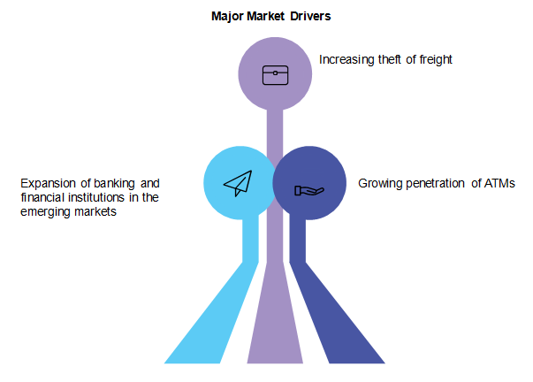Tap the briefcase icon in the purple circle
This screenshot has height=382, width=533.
[x=275, y=74]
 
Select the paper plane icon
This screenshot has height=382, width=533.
[x=238, y=183]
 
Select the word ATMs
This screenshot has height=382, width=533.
[x=499, y=183]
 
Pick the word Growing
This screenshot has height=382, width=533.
[x=379, y=183]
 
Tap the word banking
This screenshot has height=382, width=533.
[x=114, y=183]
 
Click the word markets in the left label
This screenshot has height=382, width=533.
[x=95, y=213]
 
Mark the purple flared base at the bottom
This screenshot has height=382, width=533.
[x=275, y=336]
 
